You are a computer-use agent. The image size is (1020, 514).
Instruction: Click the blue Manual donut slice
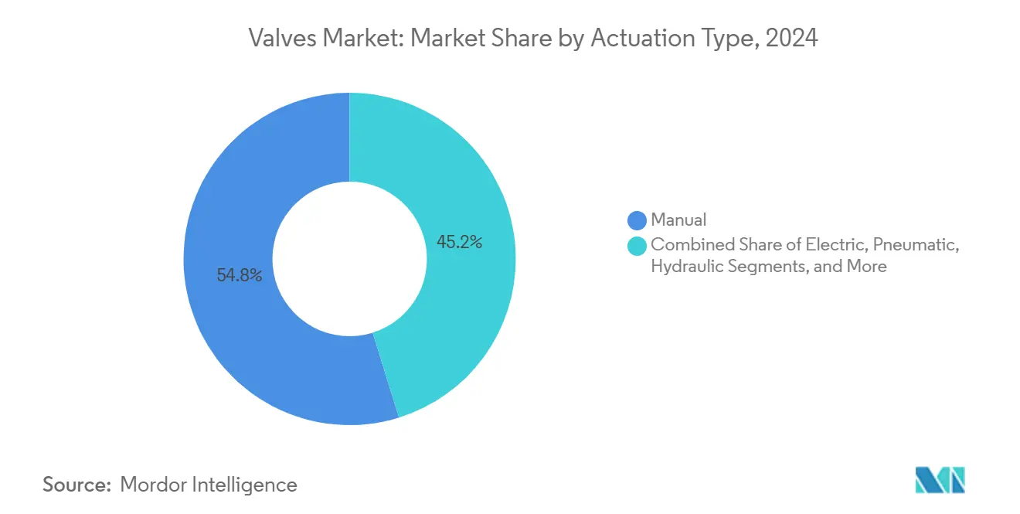click(x=232, y=340)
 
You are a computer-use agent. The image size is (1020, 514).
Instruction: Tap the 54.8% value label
click(x=240, y=275)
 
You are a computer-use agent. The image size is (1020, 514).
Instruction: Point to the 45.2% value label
click(x=459, y=242)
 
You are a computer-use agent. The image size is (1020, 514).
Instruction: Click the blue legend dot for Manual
click(x=637, y=220)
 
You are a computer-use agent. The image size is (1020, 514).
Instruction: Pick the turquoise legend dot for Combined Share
click(x=637, y=246)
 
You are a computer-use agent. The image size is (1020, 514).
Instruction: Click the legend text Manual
click(x=678, y=220)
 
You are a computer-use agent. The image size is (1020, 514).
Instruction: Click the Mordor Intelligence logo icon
click(x=940, y=480)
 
